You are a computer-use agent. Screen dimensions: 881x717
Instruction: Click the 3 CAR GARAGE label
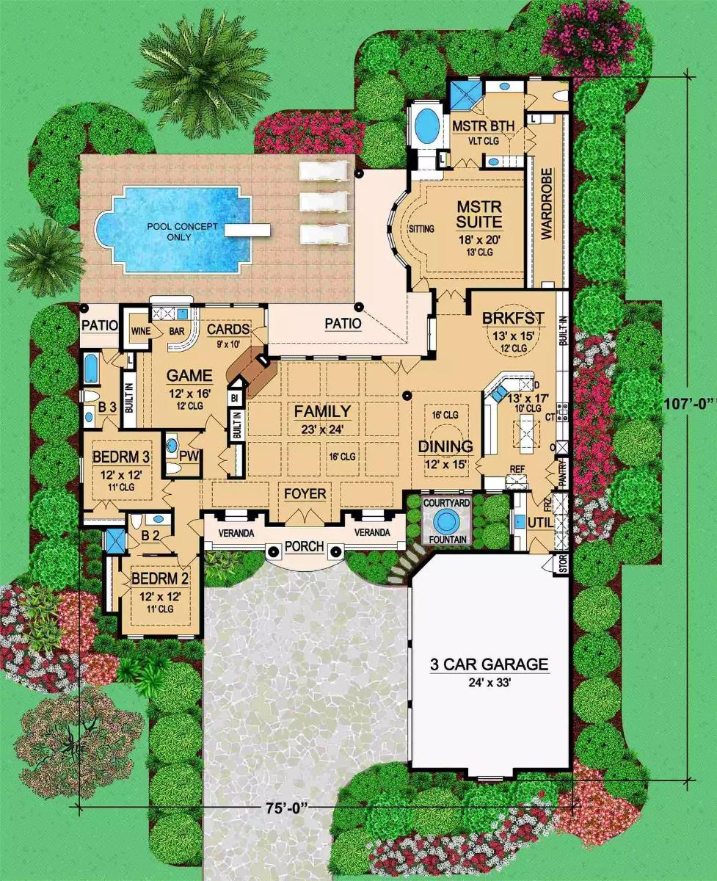489,665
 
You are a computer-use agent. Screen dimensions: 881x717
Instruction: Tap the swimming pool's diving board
241,230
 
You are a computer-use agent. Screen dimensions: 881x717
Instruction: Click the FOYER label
305,494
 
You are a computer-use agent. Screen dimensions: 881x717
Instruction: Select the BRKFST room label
513,318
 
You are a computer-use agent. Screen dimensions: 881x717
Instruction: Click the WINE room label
140,331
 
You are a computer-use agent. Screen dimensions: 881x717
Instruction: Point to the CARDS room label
228,330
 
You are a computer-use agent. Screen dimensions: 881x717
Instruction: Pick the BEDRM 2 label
160,579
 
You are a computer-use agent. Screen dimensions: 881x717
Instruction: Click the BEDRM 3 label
122,457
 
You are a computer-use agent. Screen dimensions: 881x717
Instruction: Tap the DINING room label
445,446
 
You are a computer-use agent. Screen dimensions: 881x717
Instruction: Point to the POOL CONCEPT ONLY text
181,231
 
